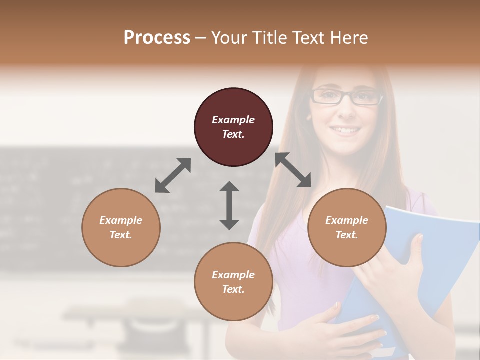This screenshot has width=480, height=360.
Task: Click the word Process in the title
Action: (x=157, y=38)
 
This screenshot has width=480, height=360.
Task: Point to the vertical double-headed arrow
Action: (x=229, y=205)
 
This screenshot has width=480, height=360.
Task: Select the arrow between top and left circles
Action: (x=173, y=175)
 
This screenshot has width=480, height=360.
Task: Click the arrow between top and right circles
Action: (x=293, y=170)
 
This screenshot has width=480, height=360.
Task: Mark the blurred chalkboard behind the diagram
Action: (x=75, y=200)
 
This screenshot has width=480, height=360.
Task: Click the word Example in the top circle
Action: (x=233, y=120)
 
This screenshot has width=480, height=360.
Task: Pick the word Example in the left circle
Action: (x=121, y=220)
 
